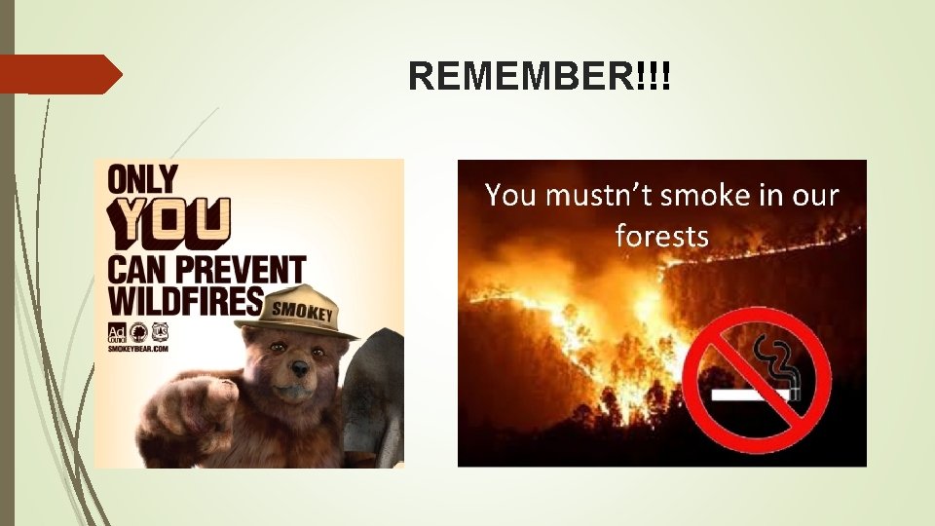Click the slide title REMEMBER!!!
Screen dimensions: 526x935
click(540, 76)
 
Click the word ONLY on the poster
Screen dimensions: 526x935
click(143, 180)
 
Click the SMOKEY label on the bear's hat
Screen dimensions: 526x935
click(303, 313)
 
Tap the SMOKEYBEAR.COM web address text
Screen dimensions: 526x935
click(137, 348)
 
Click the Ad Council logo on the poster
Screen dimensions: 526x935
click(117, 330)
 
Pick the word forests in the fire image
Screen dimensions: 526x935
click(661, 235)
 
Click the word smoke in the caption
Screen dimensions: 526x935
click(704, 196)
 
